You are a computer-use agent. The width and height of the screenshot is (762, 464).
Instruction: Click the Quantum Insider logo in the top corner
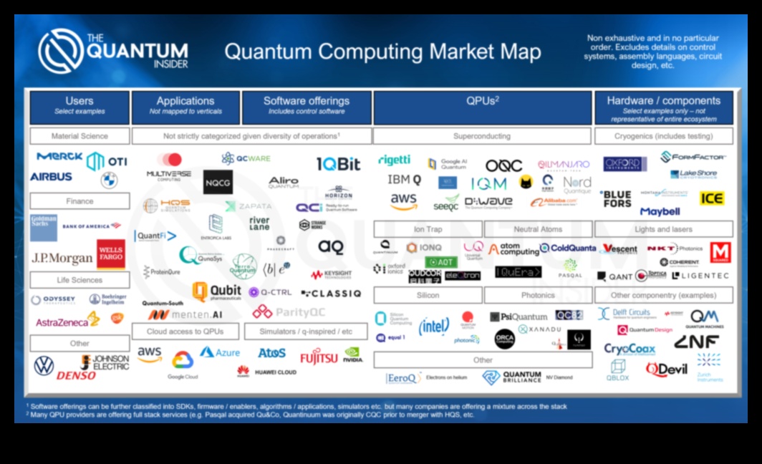113,51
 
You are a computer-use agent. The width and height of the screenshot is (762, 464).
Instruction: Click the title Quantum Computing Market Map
382,52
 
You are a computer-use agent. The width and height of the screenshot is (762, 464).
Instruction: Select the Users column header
79,105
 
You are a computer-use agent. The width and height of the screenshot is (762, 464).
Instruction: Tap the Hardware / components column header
663,105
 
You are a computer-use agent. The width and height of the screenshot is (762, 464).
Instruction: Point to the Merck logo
59,157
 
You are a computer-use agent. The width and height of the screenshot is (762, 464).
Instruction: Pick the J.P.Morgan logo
62,258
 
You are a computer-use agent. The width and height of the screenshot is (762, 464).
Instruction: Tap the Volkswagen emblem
44,366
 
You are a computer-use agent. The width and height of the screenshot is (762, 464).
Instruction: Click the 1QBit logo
339,165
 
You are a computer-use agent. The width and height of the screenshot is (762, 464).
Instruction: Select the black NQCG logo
218,182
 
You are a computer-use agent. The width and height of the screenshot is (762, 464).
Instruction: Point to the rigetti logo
394,160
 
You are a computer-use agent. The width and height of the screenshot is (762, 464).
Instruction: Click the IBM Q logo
404,180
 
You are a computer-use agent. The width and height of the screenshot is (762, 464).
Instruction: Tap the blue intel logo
434,327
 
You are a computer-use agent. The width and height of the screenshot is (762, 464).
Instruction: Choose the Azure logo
220,352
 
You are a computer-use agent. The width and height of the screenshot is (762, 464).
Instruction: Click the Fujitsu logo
319,356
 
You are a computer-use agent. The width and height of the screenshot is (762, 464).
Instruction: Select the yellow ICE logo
711,198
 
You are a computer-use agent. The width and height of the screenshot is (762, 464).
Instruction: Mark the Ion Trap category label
428,229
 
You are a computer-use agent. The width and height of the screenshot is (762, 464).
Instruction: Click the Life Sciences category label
79,280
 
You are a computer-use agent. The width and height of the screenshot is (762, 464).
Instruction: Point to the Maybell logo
660,212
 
